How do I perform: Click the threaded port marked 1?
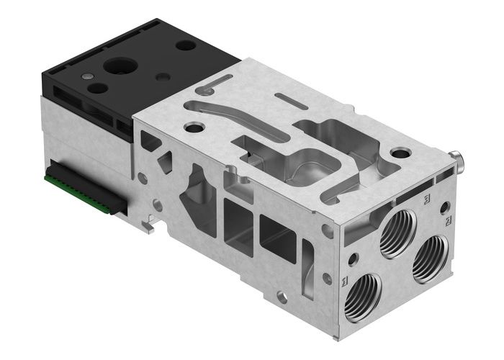point(361,296)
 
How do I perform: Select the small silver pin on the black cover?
point(87,74)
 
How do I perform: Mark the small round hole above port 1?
point(353,257)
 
